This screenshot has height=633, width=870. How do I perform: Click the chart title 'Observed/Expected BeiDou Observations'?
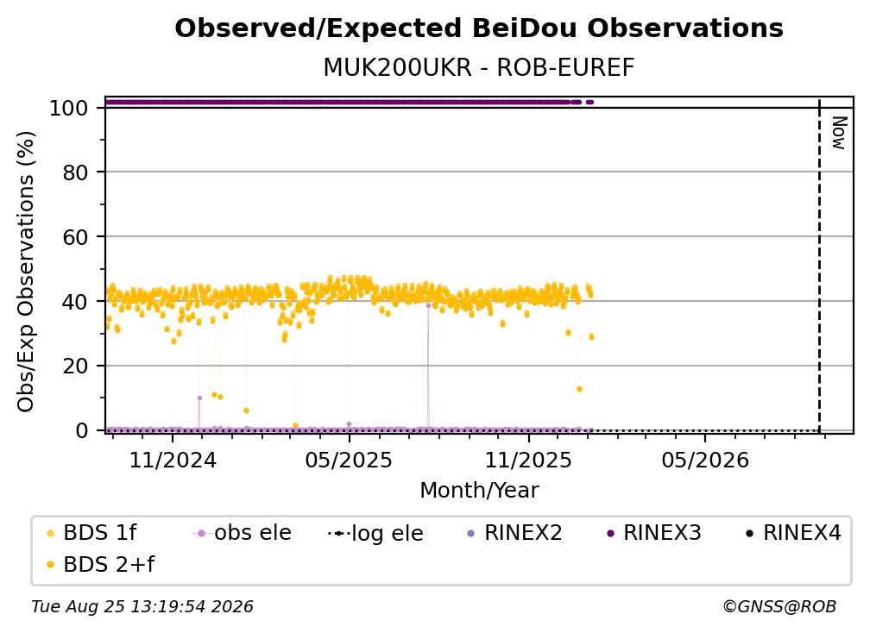[479, 28]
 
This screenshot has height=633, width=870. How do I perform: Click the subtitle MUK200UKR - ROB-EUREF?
[479, 68]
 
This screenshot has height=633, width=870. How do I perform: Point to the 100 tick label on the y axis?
[69, 108]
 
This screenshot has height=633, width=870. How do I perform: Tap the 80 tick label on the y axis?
[75, 172]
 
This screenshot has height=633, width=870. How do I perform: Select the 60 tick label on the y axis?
[75, 237]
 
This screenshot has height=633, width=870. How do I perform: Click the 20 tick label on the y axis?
[75, 367]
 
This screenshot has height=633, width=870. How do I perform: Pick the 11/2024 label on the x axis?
[173, 461]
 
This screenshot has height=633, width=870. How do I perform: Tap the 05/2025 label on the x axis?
[349, 461]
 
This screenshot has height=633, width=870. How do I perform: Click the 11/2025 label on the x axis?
[528, 461]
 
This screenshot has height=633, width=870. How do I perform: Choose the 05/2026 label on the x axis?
[705, 461]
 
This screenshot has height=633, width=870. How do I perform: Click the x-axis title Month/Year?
[479, 491]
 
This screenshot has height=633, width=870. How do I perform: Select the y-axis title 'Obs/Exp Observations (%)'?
[26, 272]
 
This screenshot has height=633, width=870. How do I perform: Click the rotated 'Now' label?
[839, 133]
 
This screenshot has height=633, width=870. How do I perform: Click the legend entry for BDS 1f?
[92, 533]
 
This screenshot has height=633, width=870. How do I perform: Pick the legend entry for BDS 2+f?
[101, 565]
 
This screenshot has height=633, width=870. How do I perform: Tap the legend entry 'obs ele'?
[242, 533]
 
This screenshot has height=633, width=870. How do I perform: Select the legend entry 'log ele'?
[375, 534]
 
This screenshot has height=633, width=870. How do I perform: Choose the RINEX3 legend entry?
[654, 533]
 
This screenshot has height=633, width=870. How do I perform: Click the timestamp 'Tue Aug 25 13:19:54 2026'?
[142, 607]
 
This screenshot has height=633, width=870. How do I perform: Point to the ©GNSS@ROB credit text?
[779, 607]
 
